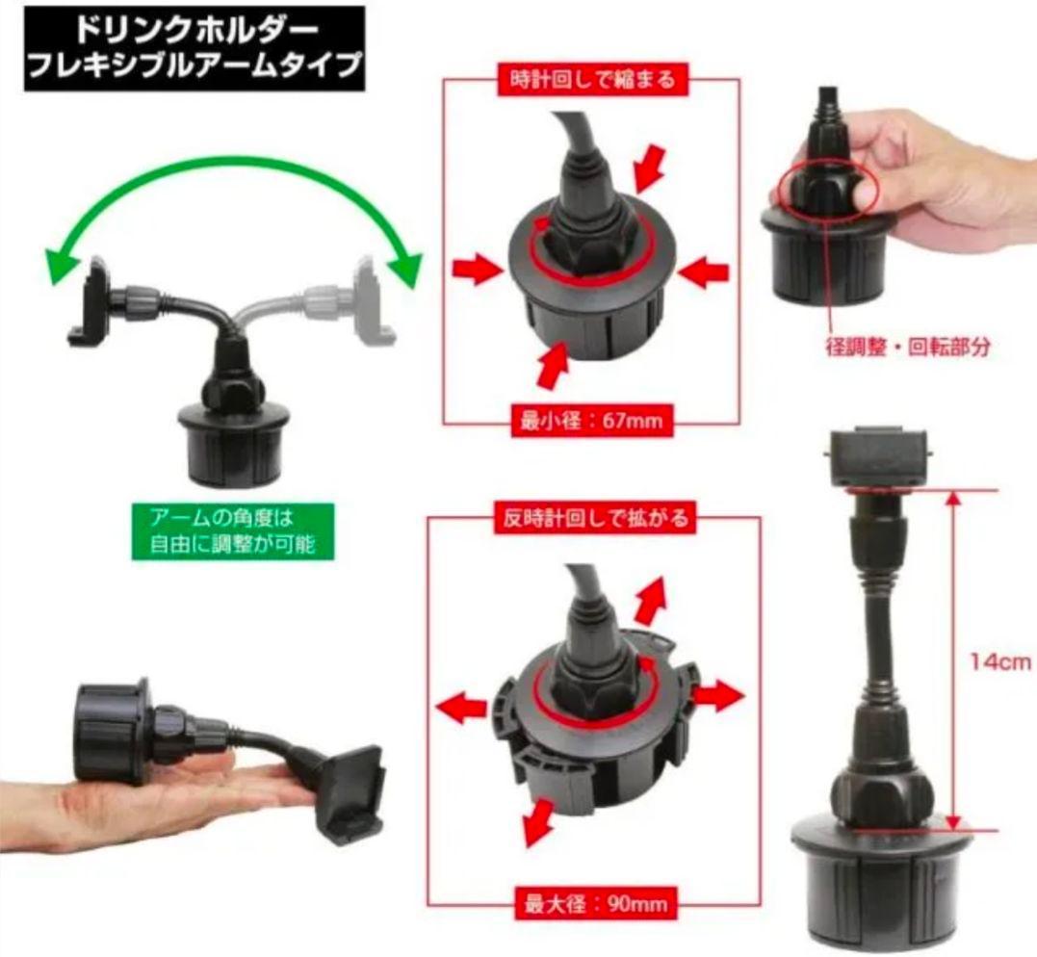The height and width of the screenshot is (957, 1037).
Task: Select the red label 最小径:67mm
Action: tap(592, 420)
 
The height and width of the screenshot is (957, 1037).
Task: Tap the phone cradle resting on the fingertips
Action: tap(349, 789)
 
